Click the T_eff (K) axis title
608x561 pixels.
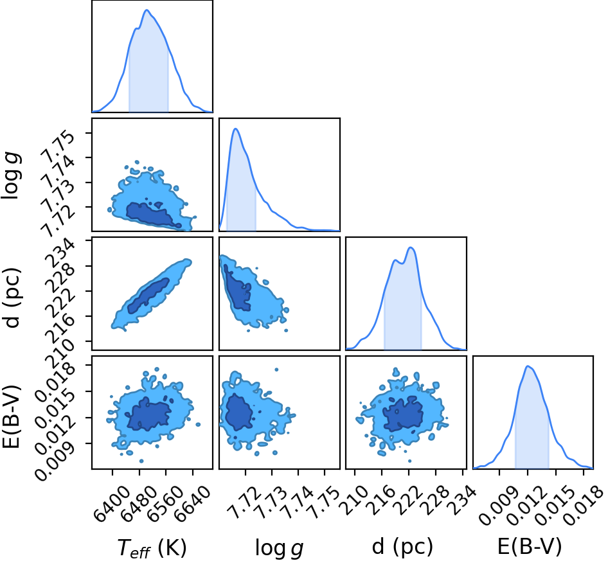tap(152, 548)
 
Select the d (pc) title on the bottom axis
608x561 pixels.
tap(402, 547)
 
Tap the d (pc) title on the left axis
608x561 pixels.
tap(11, 298)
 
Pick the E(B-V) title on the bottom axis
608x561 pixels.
tap(530, 547)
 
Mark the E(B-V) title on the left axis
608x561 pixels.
tap(11, 417)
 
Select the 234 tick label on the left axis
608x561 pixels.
tap(62, 253)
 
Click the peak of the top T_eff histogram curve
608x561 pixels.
tap(147, 10)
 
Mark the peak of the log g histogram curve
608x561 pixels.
tap(235, 129)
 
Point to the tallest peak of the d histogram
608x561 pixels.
tap(411, 247)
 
